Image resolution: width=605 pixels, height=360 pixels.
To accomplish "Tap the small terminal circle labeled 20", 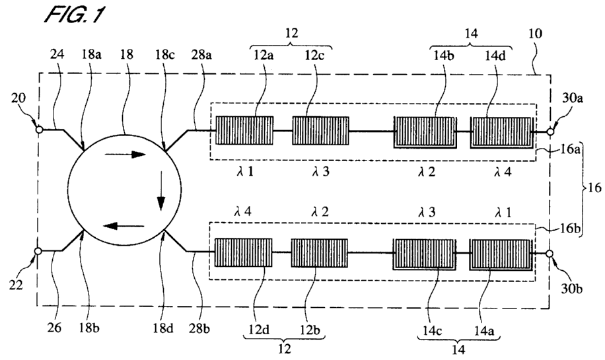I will coord(40,130).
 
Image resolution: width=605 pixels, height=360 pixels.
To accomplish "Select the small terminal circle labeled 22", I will coord(40,251).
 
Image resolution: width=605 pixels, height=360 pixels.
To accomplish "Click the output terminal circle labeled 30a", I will coord(548,130).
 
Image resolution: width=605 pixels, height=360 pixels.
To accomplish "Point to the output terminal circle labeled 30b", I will coord(548,252).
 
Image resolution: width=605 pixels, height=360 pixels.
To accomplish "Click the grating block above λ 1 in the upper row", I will coord(244,130).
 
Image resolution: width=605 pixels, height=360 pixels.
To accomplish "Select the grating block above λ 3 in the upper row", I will coord(320,130).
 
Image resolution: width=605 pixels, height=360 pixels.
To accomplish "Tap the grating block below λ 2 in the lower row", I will coord(320,252).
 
